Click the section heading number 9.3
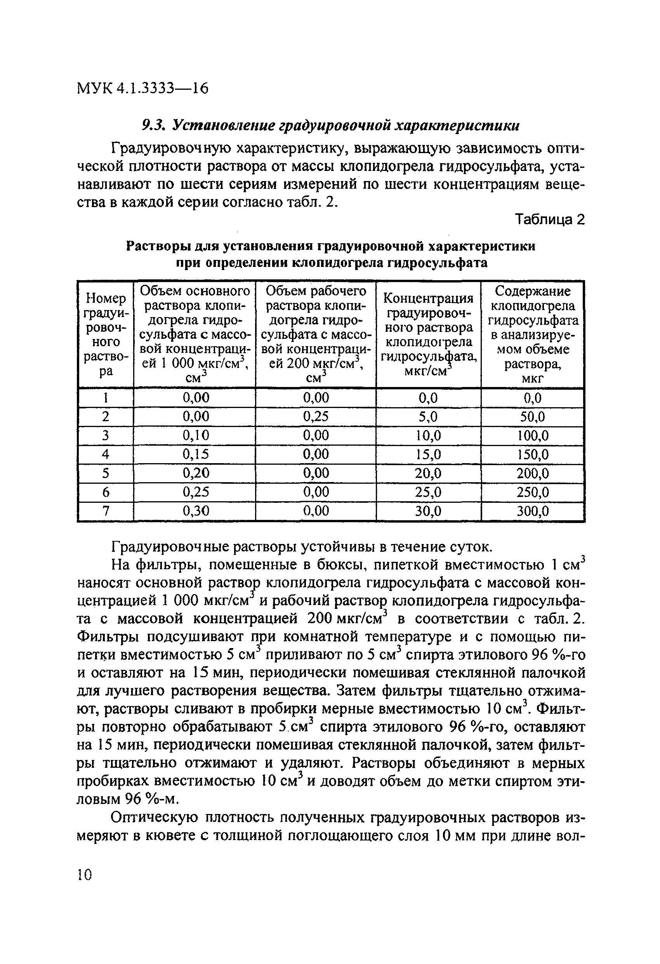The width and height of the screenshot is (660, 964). (154, 125)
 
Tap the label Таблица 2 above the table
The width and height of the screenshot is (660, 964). (549, 219)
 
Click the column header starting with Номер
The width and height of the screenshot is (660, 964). (105, 334)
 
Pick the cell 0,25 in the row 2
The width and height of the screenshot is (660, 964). (316, 417)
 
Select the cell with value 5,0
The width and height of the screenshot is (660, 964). (428, 417)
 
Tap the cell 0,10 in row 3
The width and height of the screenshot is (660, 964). (196, 435)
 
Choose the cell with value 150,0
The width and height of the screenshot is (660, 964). (532, 455)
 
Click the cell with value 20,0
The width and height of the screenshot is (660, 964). (428, 473)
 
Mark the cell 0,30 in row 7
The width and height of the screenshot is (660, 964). (196, 511)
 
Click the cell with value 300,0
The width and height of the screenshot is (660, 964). (532, 511)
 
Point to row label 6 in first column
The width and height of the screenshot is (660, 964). (105, 492)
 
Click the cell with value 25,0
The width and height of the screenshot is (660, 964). (428, 492)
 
